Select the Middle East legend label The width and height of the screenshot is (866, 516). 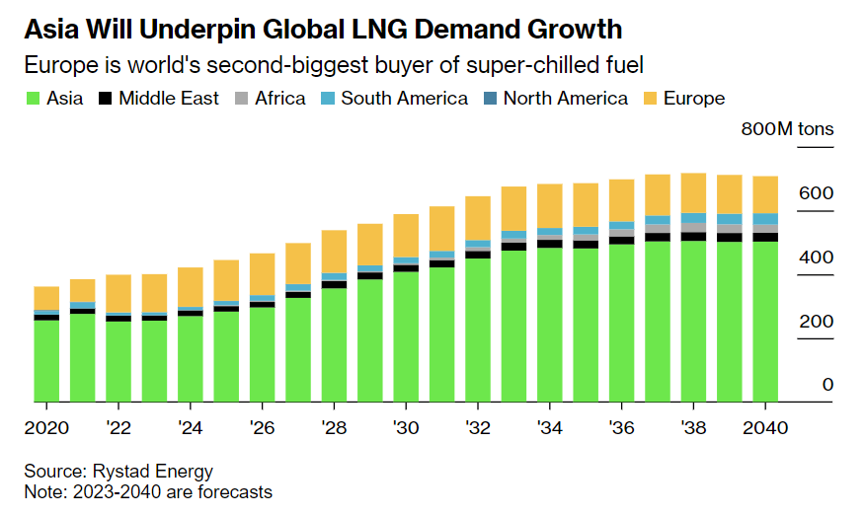(174, 99)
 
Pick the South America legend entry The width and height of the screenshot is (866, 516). (404, 99)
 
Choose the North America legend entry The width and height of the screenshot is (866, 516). (565, 99)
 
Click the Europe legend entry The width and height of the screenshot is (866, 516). (694, 99)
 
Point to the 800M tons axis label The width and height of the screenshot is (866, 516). (787, 129)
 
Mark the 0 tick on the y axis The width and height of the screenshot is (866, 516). (827, 385)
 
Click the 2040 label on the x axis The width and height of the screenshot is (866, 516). (764, 428)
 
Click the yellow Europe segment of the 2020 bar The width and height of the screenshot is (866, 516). (46, 298)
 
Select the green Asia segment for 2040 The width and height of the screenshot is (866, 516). (764, 322)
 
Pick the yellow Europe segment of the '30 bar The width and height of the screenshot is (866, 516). (406, 236)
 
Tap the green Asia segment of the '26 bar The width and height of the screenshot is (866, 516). (262, 355)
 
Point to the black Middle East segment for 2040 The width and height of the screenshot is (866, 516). (764, 237)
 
